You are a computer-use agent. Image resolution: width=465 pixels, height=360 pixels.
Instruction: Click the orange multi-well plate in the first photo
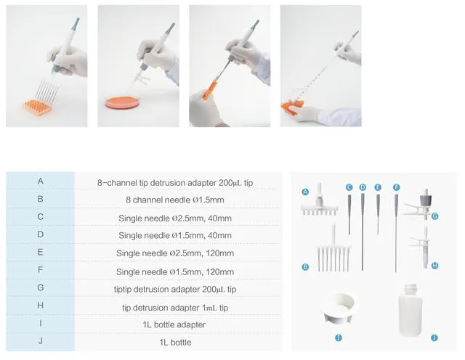point(38,107)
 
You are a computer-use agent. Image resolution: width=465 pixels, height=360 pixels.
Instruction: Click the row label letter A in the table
point(41,181)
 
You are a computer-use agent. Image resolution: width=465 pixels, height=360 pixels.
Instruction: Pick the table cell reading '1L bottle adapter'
point(174,324)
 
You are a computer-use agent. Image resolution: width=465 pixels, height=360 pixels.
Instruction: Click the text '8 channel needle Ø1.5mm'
point(175,200)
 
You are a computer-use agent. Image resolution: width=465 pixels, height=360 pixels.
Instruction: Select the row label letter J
point(41,340)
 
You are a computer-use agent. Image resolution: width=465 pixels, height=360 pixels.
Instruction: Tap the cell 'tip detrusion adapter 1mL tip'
point(175,308)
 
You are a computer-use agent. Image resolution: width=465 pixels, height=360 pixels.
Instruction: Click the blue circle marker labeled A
point(305,192)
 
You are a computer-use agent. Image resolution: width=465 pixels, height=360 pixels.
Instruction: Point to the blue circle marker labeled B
point(305,267)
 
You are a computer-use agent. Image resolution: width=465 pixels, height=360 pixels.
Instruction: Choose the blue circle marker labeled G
point(434,216)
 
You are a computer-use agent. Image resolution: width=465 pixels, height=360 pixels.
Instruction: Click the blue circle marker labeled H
point(434,266)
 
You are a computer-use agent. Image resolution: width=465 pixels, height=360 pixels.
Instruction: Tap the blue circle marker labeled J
point(434,337)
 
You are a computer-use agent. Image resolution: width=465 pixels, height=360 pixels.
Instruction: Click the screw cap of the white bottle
point(411,287)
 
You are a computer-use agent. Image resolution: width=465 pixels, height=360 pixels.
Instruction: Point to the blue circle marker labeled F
point(397,187)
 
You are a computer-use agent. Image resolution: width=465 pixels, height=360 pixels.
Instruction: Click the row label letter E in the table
point(41,252)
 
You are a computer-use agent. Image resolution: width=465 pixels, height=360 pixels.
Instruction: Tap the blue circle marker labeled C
point(349,187)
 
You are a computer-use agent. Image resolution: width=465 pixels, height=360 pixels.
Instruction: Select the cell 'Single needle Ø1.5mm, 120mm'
point(175,272)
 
